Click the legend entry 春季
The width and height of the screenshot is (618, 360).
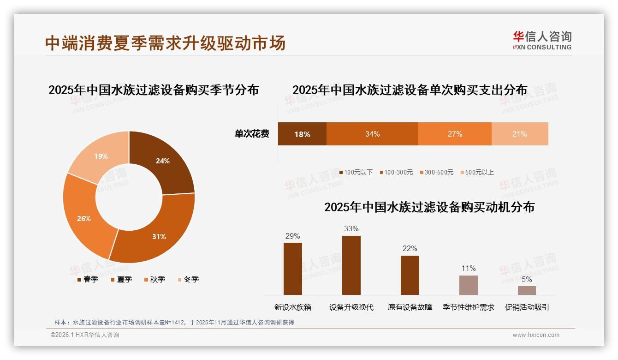pyautogui.click(x=87, y=279)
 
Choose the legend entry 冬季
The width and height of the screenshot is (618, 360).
pyautogui.click(x=188, y=279)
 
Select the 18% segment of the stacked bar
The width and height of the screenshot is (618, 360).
pyautogui.click(x=302, y=134)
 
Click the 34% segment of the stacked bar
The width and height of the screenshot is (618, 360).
pyautogui.click(x=372, y=134)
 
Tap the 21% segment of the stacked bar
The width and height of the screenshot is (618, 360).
pyautogui.click(x=520, y=134)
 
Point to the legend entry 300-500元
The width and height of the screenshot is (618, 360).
pyautogui.click(x=436, y=173)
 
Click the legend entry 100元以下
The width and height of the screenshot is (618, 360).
pyautogui.click(x=356, y=173)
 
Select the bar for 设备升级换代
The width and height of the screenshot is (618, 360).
pyautogui.click(x=351, y=265)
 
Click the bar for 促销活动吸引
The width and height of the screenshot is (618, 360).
pyautogui.click(x=527, y=290)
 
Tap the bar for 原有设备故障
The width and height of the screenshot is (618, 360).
pyautogui.click(x=410, y=275)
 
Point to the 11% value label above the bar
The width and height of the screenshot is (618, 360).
pyautogui.click(x=469, y=269)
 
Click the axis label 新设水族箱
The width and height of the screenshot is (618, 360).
pyautogui.click(x=293, y=307)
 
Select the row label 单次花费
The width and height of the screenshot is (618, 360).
pyautogui.click(x=252, y=134)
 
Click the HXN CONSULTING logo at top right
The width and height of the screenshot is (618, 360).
pyautogui.click(x=542, y=41)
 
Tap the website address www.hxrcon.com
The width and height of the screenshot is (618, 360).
pyautogui.click(x=536, y=335)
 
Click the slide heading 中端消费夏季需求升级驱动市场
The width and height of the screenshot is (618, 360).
pyautogui.click(x=165, y=43)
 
